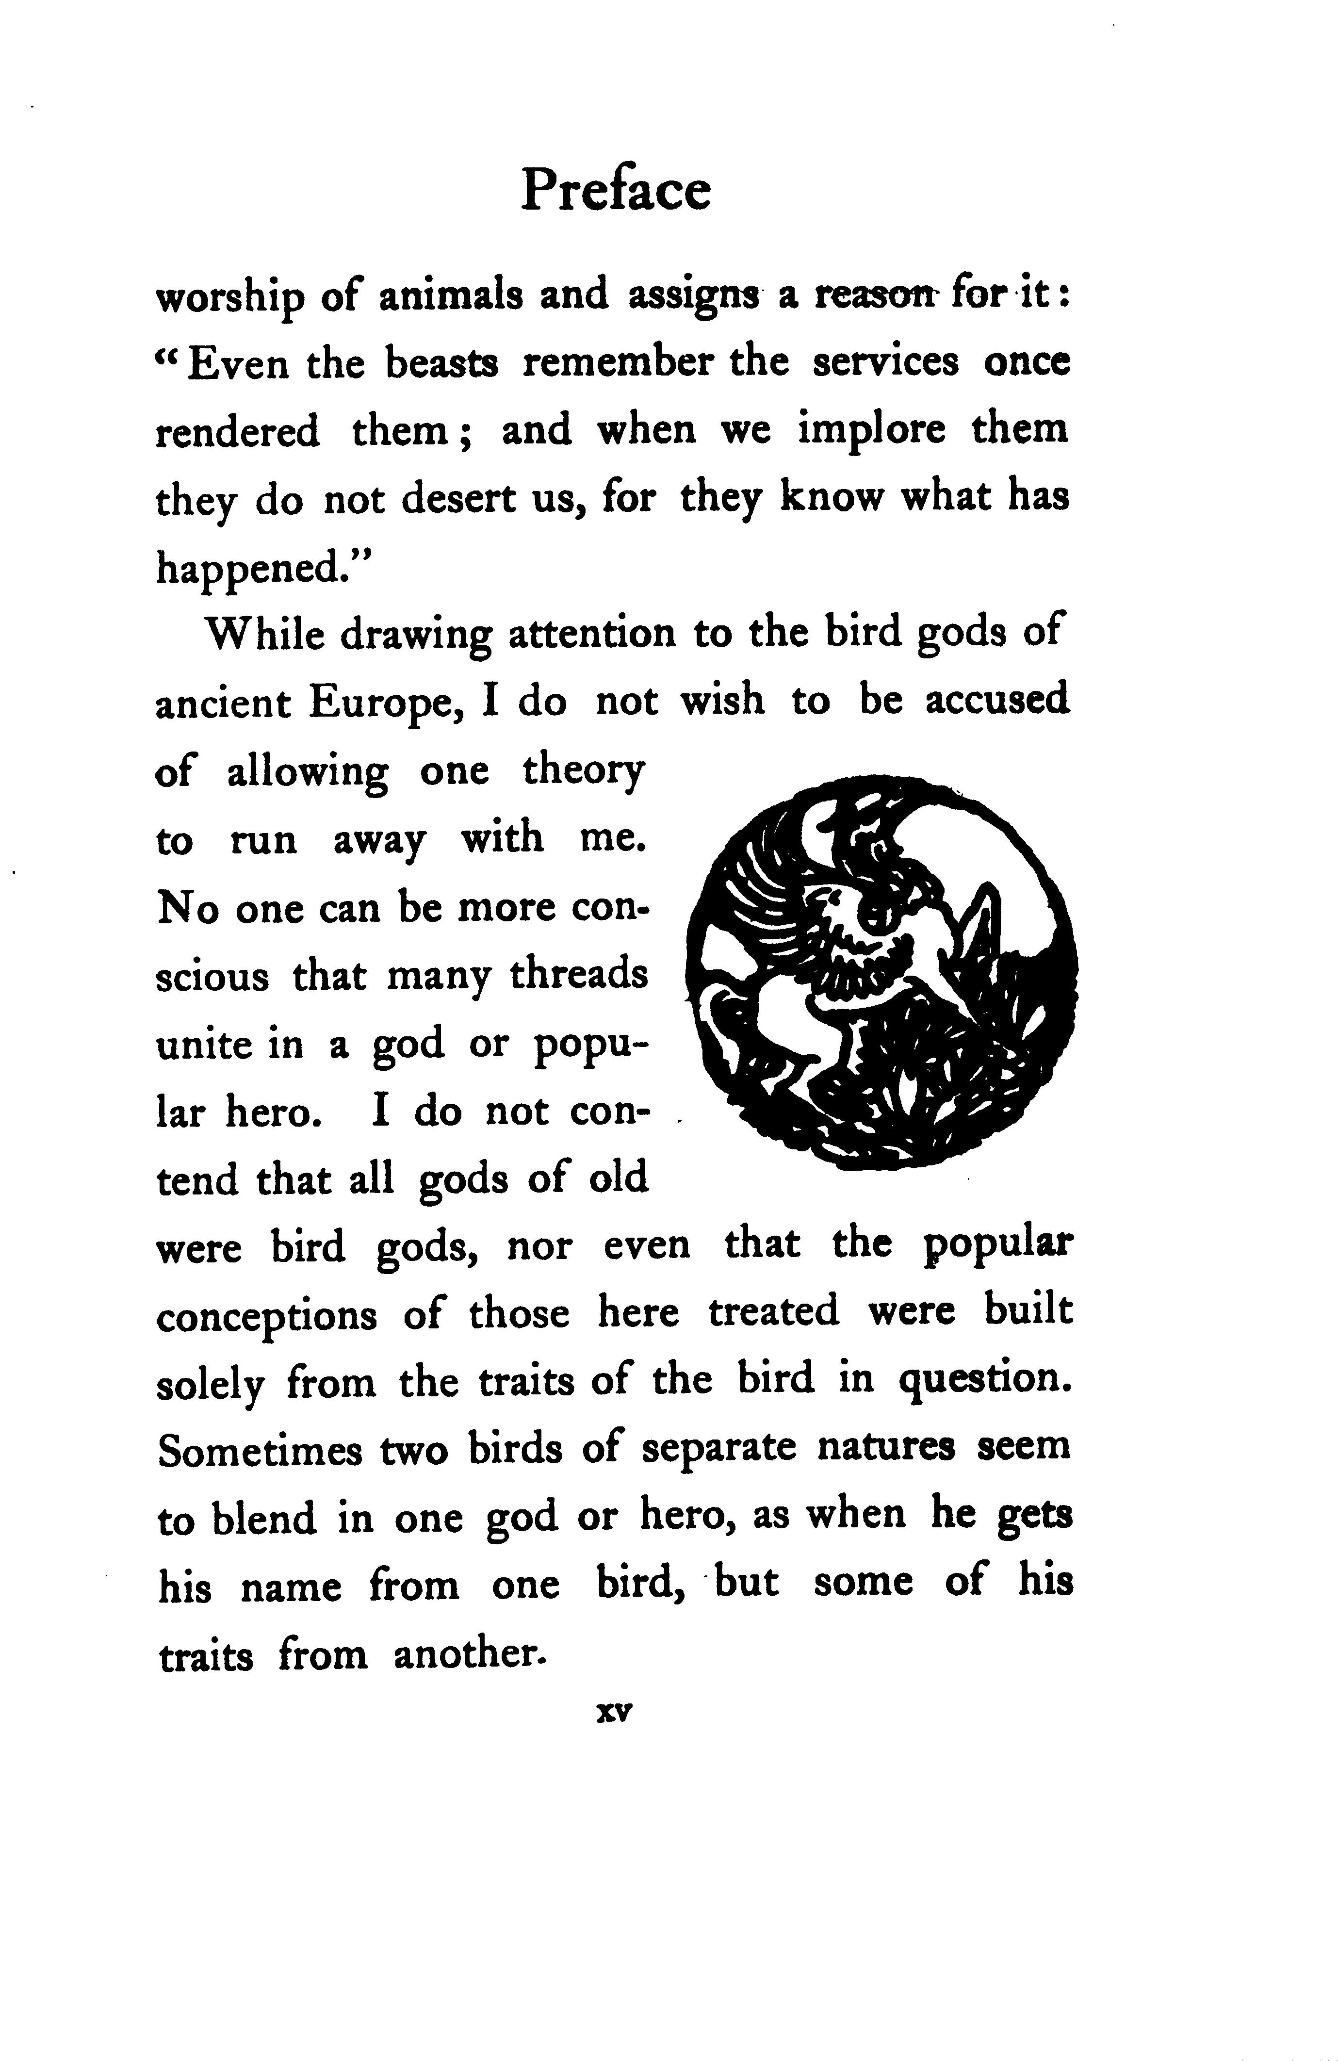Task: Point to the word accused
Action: coord(997,702)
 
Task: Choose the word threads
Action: coord(578,975)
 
